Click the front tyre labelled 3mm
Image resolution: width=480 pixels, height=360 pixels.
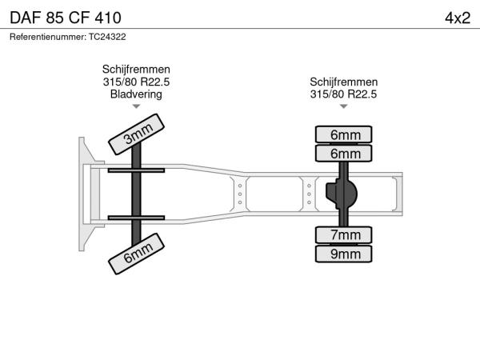click(x=136, y=134)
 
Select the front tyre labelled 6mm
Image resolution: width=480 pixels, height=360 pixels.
click(x=136, y=254)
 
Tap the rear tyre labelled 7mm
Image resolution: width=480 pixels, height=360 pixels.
click(x=343, y=235)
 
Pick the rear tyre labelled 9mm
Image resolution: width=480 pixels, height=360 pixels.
click(x=343, y=254)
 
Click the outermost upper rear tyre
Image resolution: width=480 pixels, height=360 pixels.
click(x=343, y=134)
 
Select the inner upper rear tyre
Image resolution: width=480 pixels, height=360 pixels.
click(x=343, y=154)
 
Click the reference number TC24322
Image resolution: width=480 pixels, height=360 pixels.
click(x=107, y=37)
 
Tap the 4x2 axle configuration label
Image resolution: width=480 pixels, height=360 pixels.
click(x=458, y=18)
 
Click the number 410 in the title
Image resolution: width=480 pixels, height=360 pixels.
click(x=108, y=18)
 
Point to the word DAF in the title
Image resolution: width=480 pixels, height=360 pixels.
click(x=26, y=18)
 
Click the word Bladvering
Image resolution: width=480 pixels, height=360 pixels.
click(x=136, y=94)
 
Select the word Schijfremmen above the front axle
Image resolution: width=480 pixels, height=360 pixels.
click(x=136, y=69)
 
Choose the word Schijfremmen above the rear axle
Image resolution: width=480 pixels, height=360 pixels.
click(x=344, y=82)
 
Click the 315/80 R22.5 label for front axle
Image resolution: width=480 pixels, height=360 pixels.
click(x=136, y=82)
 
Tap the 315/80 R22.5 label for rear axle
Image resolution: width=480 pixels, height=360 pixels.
click(x=343, y=94)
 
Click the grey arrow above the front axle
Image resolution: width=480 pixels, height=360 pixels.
click(x=136, y=106)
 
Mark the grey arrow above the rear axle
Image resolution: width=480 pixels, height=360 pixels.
click(x=344, y=106)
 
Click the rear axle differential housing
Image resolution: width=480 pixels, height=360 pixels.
click(x=342, y=194)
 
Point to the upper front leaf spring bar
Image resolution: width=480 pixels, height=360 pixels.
click(x=136, y=170)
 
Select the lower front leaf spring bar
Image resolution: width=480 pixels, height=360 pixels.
click(x=136, y=218)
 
